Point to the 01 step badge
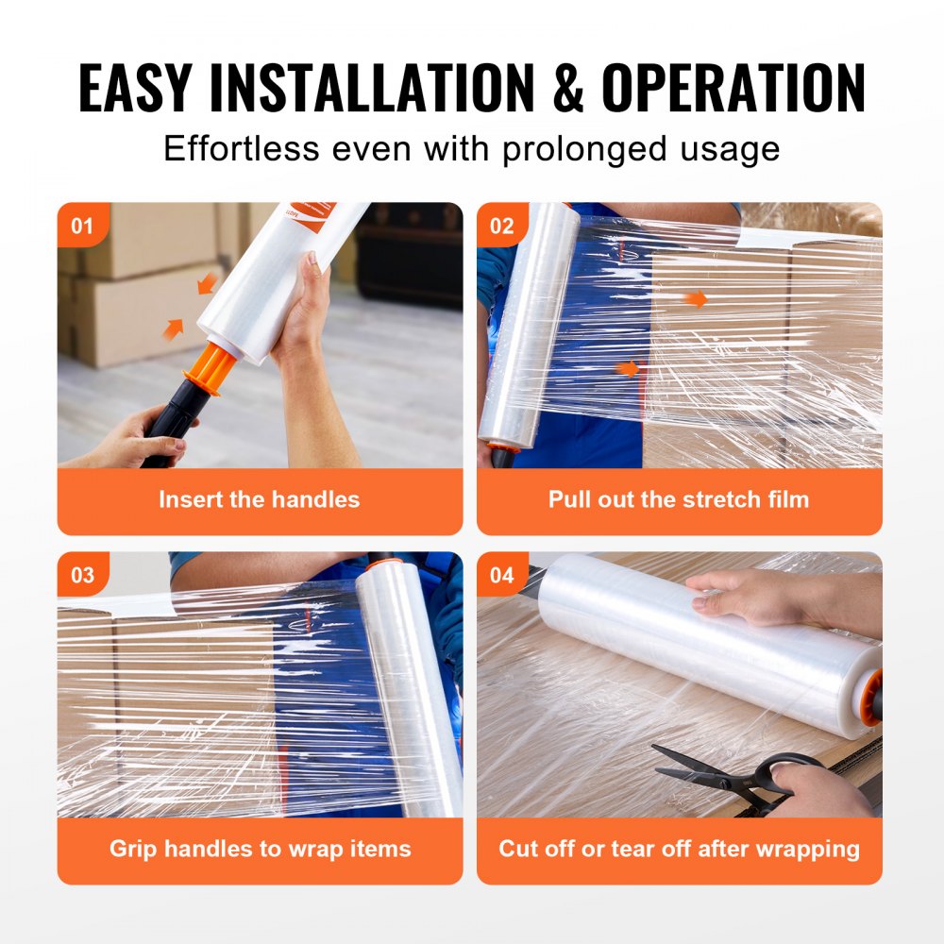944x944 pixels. (x=82, y=226)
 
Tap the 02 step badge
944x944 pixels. (x=501, y=226)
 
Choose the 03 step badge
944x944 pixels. (x=82, y=575)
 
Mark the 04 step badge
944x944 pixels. (x=501, y=575)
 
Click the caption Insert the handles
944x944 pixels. (x=259, y=499)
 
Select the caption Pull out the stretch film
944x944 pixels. (x=679, y=499)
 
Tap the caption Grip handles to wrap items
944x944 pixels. (x=260, y=848)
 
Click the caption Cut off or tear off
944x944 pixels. (x=679, y=848)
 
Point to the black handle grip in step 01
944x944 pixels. (x=175, y=420)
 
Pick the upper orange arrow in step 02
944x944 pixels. (x=696, y=299)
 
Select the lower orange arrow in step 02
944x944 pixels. (x=628, y=368)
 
